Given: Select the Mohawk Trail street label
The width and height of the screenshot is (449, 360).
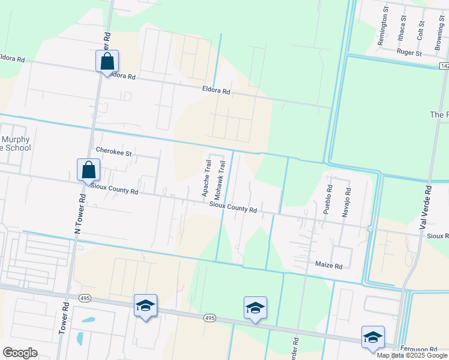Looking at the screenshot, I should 220,180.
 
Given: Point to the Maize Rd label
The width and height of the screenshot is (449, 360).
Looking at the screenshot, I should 328,265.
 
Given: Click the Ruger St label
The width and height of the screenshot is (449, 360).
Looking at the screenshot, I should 409,53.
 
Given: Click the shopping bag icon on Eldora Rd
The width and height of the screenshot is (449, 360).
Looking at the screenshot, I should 107,61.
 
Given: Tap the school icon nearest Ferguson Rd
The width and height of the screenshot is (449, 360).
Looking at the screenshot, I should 372,337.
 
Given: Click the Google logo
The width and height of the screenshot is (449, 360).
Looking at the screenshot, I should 20,353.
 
